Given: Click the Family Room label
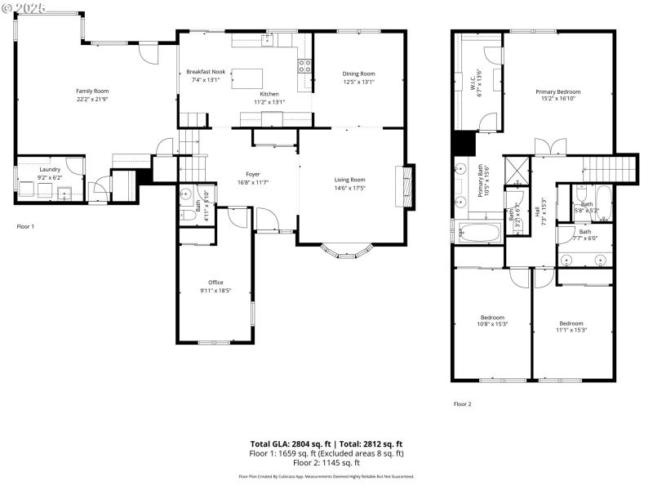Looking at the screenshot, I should click(92, 91).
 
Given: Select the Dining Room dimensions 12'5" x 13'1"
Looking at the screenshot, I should click(358, 82).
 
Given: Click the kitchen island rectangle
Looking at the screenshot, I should click(246, 78).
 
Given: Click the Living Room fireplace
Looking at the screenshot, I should click(401, 189).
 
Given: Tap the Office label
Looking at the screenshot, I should click(215, 283).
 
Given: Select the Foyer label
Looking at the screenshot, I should click(253, 174).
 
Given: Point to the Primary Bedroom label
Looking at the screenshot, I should click(557, 91).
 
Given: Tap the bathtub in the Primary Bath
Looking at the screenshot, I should click(480, 232).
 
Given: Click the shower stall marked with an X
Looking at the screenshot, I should click(516, 170).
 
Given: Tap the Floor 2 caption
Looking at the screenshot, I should click(462, 403).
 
